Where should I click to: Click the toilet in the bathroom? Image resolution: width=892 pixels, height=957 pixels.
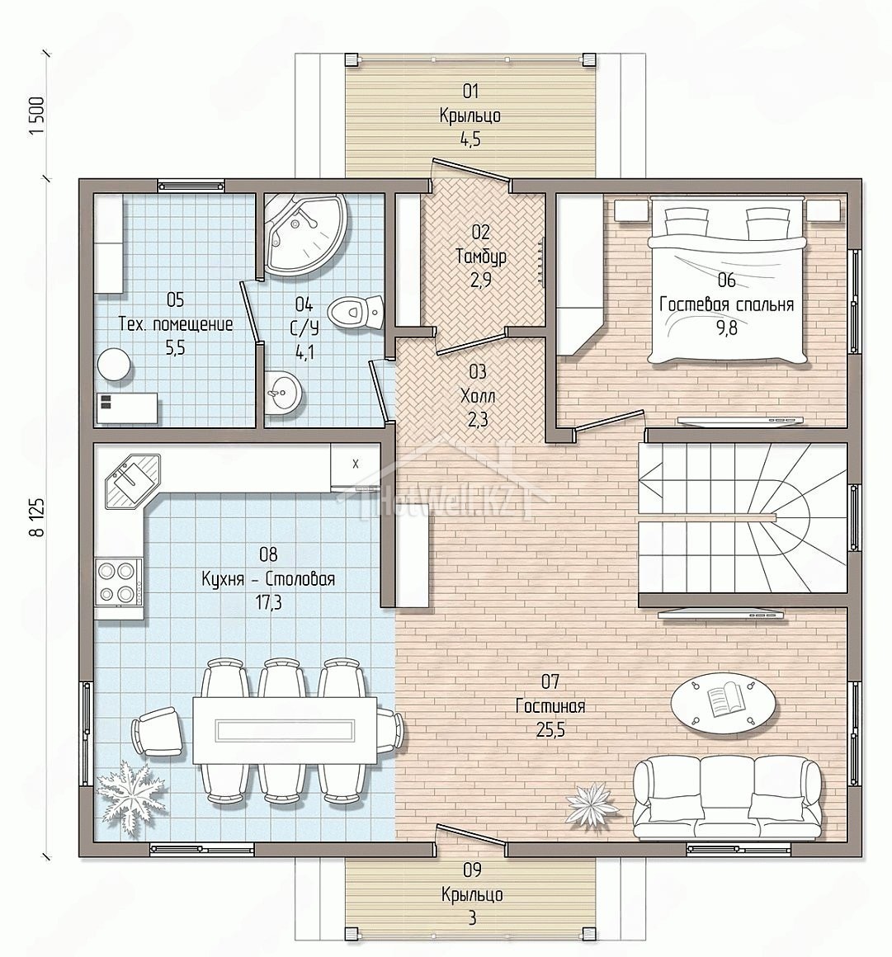(356, 312)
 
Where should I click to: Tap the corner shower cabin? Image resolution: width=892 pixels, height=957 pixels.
(305, 235)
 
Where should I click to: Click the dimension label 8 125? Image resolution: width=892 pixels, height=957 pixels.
(37, 516)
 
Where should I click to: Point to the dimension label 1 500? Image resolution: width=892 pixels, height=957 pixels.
(37, 116)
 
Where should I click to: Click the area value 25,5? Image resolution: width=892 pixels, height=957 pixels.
(550, 729)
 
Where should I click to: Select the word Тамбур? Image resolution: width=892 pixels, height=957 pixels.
(481, 257)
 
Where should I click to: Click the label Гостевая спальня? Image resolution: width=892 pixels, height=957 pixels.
(726, 304)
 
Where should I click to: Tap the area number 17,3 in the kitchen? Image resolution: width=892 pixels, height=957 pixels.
(269, 603)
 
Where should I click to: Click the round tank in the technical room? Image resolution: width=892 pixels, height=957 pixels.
(114, 365)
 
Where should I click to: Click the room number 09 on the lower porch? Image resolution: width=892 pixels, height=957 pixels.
(472, 870)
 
